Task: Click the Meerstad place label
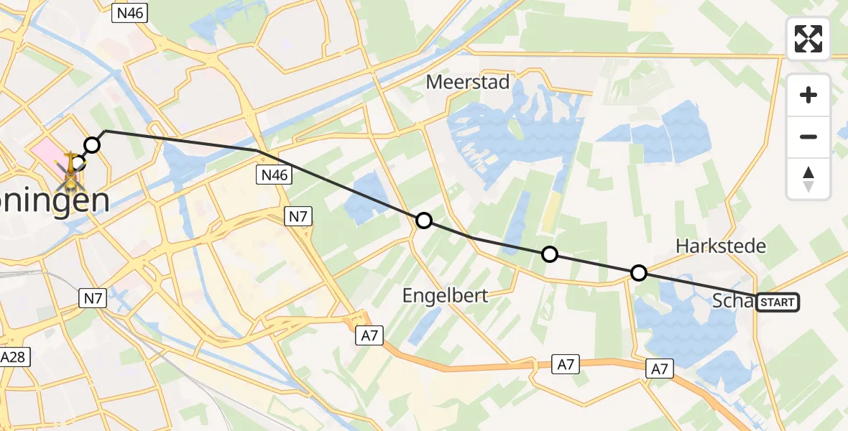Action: pyautogui.click(x=468, y=82)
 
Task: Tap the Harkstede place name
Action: pyautogui.click(x=721, y=246)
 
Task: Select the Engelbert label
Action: pyautogui.click(x=446, y=295)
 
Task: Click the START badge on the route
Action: pyautogui.click(x=777, y=302)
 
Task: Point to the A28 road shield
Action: pyautogui.click(x=14, y=358)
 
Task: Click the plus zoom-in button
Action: pyautogui.click(x=808, y=95)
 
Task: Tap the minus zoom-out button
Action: pyautogui.click(x=808, y=136)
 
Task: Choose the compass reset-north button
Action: pyautogui.click(x=808, y=179)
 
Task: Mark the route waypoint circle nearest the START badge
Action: pyautogui.click(x=638, y=273)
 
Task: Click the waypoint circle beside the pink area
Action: pyautogui.click(x=92, y=146)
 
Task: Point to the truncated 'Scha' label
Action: pyautogui.click(x=732, y=301)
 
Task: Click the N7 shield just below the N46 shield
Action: pyautogui.click(x=299, y=215)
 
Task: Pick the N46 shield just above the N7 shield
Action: pyautogui.click(x=273, y=175)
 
